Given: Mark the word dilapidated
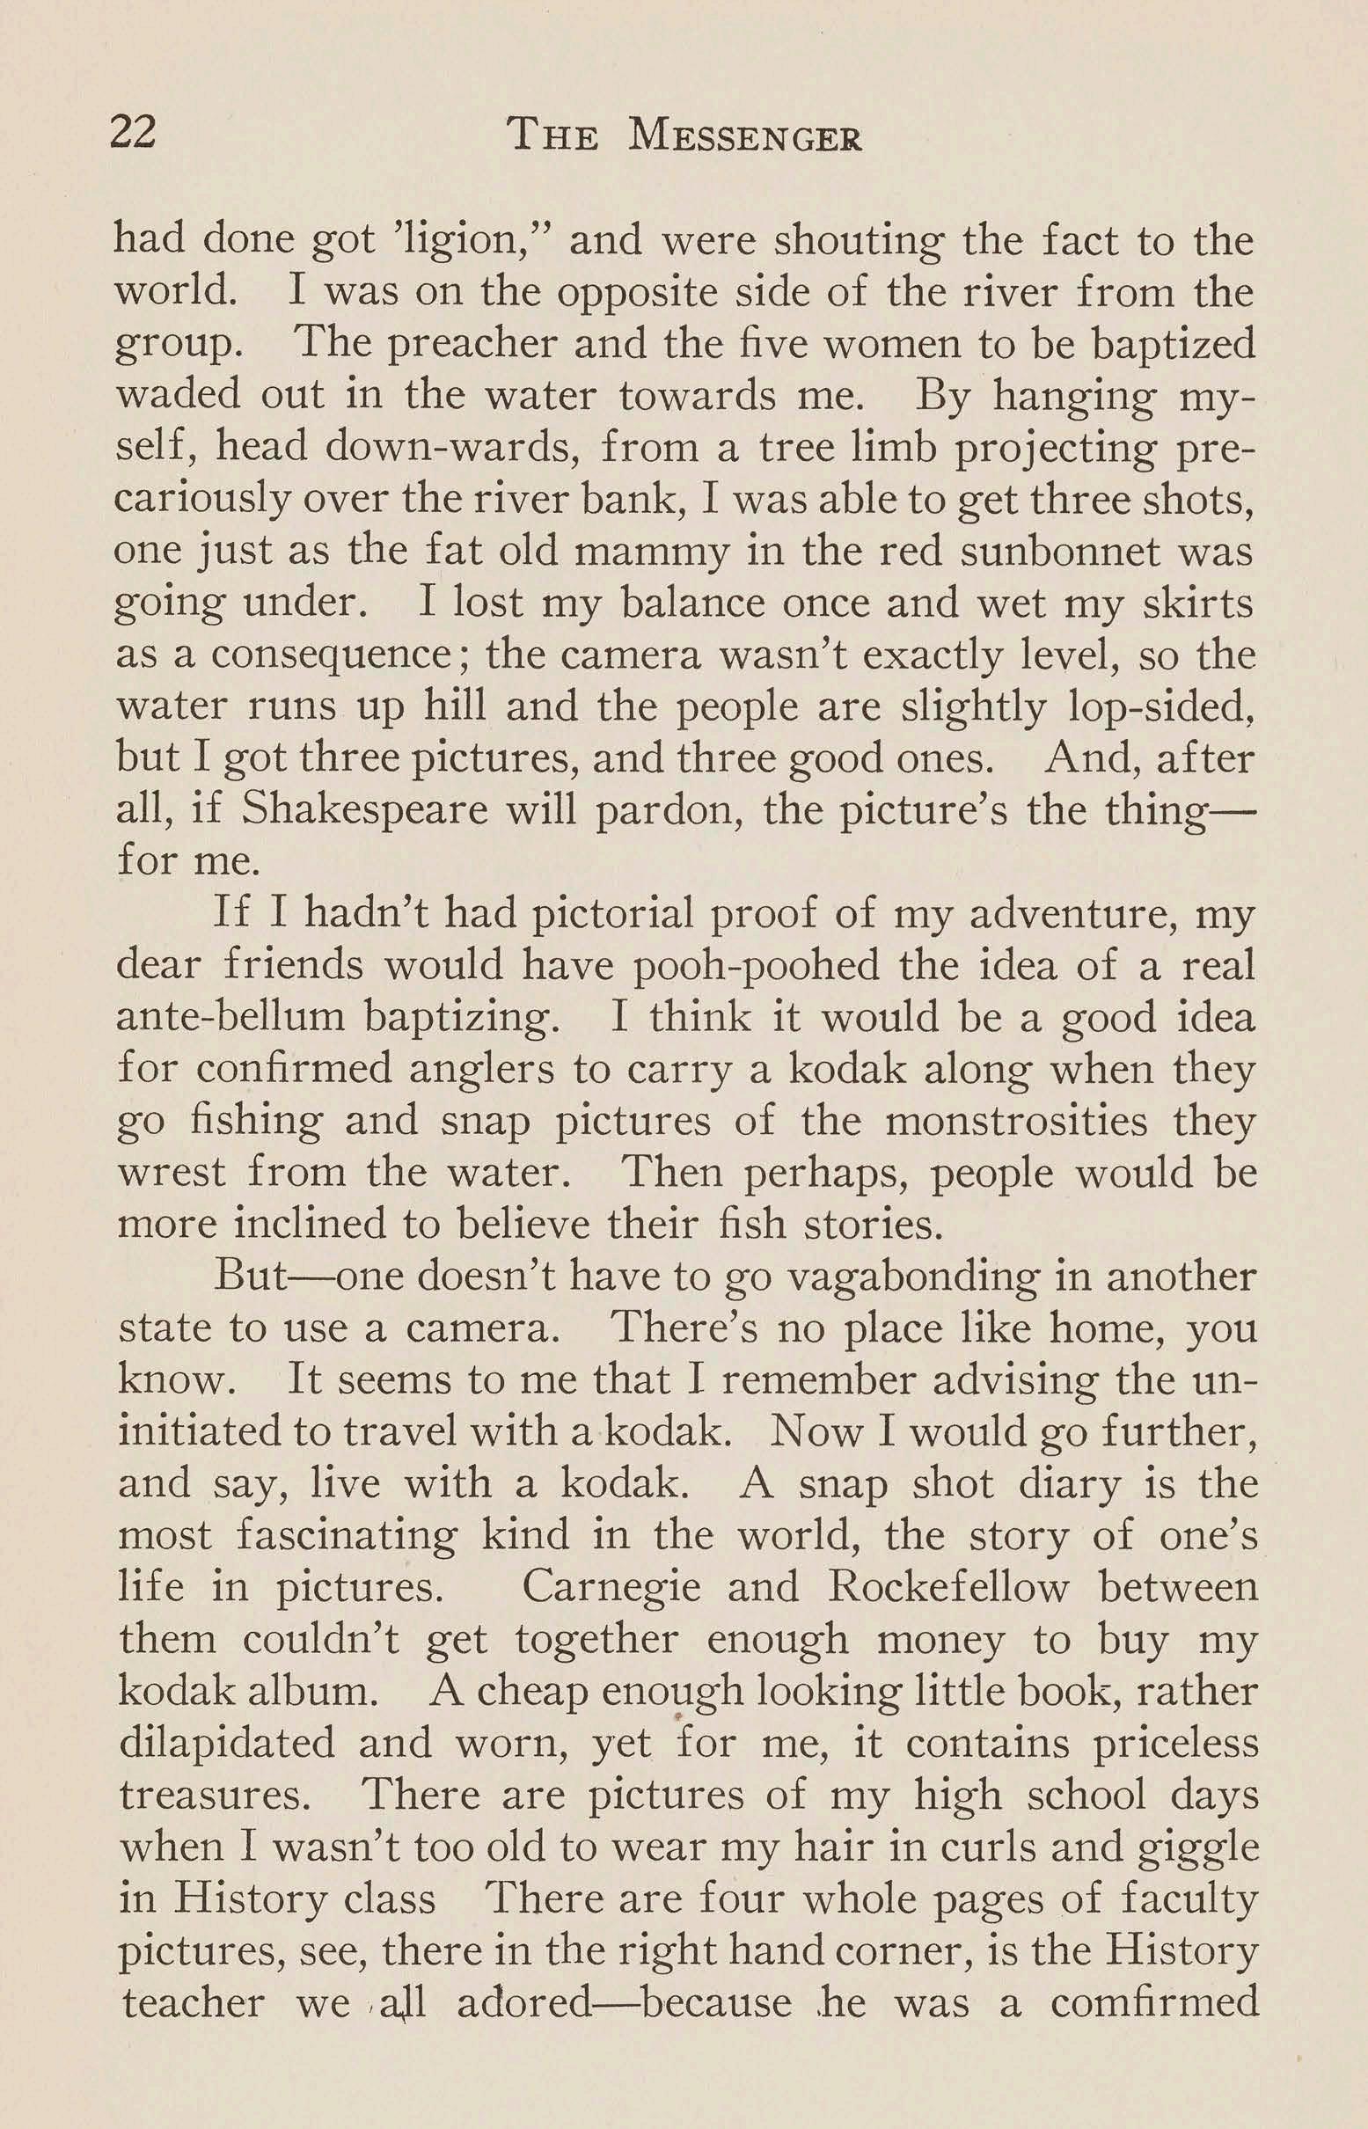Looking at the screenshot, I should point(226,1744).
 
